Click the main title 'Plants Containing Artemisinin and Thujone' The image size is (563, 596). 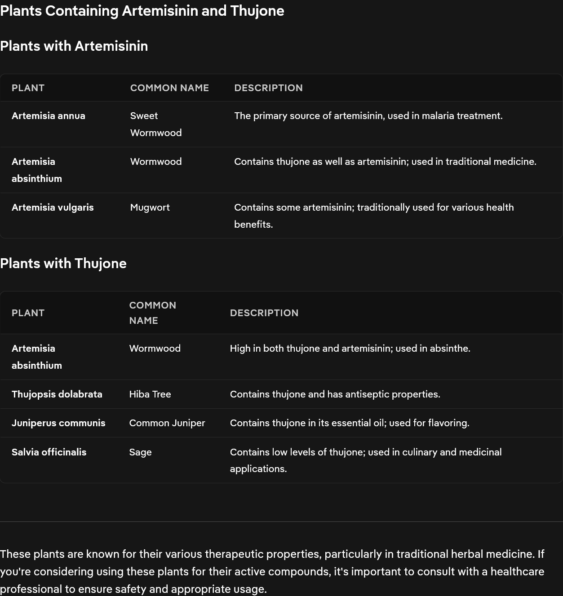[142, 11]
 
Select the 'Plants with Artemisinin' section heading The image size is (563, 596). [74, 46]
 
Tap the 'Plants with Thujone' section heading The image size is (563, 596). [63, 263]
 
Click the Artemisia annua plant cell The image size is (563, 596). [49, 116]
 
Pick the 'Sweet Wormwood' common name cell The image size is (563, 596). [155, 124]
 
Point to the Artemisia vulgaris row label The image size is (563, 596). [53, 207]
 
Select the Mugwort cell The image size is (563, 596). [150, 207]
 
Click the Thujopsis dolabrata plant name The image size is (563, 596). [57, 394]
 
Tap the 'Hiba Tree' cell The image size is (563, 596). [150, 394]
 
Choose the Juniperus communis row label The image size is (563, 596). [58, 423]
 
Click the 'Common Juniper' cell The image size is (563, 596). [167, 423]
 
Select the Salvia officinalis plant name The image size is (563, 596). [49, 452]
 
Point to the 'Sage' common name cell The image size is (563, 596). [140, 452]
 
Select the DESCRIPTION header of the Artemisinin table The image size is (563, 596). [268, 88]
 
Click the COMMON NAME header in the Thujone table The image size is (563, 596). [153, 313]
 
